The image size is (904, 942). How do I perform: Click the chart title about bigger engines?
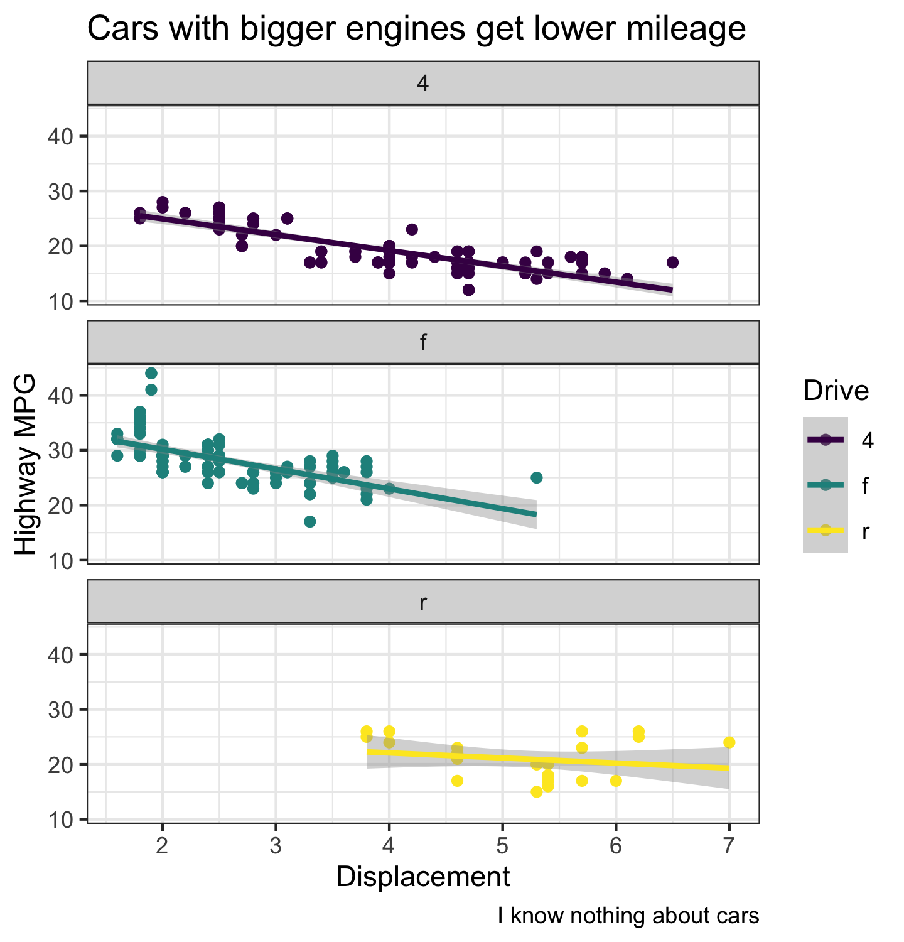pos(416,29)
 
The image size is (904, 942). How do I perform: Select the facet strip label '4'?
pos(423,84)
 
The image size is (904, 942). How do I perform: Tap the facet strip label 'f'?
pos(423,343)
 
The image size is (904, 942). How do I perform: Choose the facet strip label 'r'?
pos(423,602)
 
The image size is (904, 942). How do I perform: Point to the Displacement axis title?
pos(423,877)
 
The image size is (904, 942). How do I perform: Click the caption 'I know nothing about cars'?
pos(628,916)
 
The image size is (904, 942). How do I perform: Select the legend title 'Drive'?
pos(836,391)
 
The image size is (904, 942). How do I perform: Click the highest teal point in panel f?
pos(151,374)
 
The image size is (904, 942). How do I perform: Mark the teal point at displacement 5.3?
pos(536,478)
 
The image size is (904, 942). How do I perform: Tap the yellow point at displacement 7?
pos(729,742)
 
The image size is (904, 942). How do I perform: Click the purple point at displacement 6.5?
pos(672,263)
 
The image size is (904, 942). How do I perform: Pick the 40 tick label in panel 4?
pos(60,136)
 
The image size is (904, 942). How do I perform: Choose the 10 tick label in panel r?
pos(60,820)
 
